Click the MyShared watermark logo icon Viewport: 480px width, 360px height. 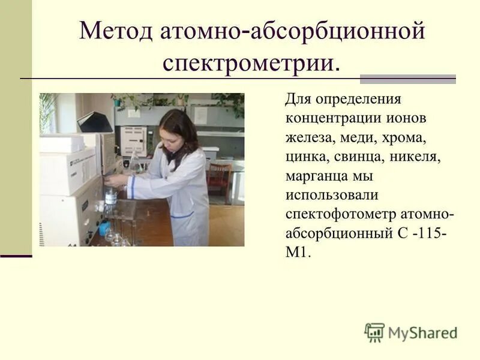tap(374, 332)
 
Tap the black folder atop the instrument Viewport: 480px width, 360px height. tap(94, 122)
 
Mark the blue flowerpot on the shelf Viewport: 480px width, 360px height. tap(118, 103)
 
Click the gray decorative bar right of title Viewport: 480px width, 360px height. tap(407, 79)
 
